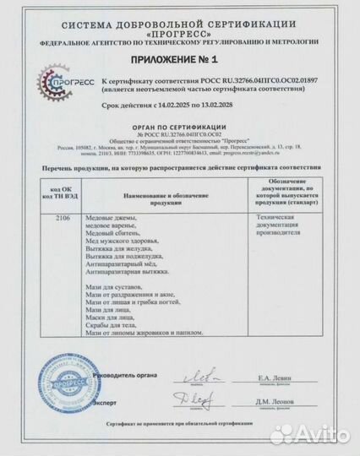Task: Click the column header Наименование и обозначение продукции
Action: point(155,198)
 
